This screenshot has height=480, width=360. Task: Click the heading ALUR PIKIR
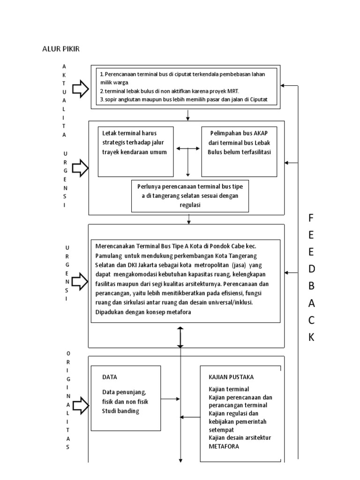coord(61,49)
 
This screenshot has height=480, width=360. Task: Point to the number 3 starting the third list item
coord(102,100)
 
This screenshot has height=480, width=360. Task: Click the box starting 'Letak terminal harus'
coord(135,151)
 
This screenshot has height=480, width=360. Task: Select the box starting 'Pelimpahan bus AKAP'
coord(240,151)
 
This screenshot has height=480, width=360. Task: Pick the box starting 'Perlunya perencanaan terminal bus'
coord(190,195)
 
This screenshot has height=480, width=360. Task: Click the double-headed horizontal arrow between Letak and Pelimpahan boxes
coord(187,149)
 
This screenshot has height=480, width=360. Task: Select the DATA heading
coord(110,377)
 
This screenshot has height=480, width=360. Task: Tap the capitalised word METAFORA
coord(224,446)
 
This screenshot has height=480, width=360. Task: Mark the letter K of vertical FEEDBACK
coord(311,337)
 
